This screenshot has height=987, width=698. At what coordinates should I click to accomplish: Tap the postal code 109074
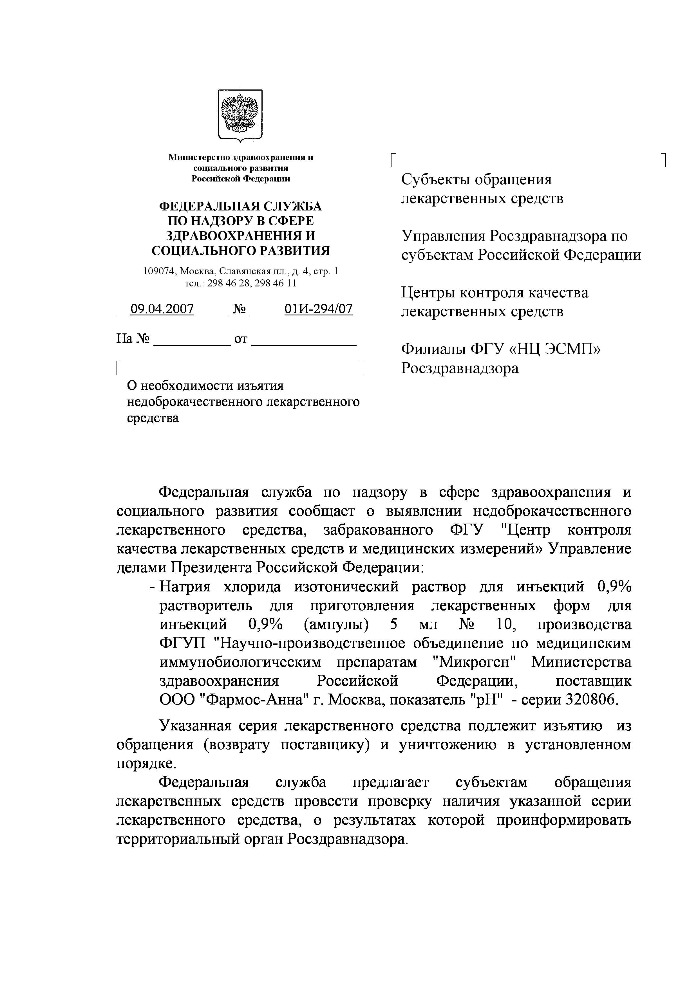click(x=160, y=271)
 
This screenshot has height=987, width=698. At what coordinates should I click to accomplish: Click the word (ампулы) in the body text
click(x=336, y=624)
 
